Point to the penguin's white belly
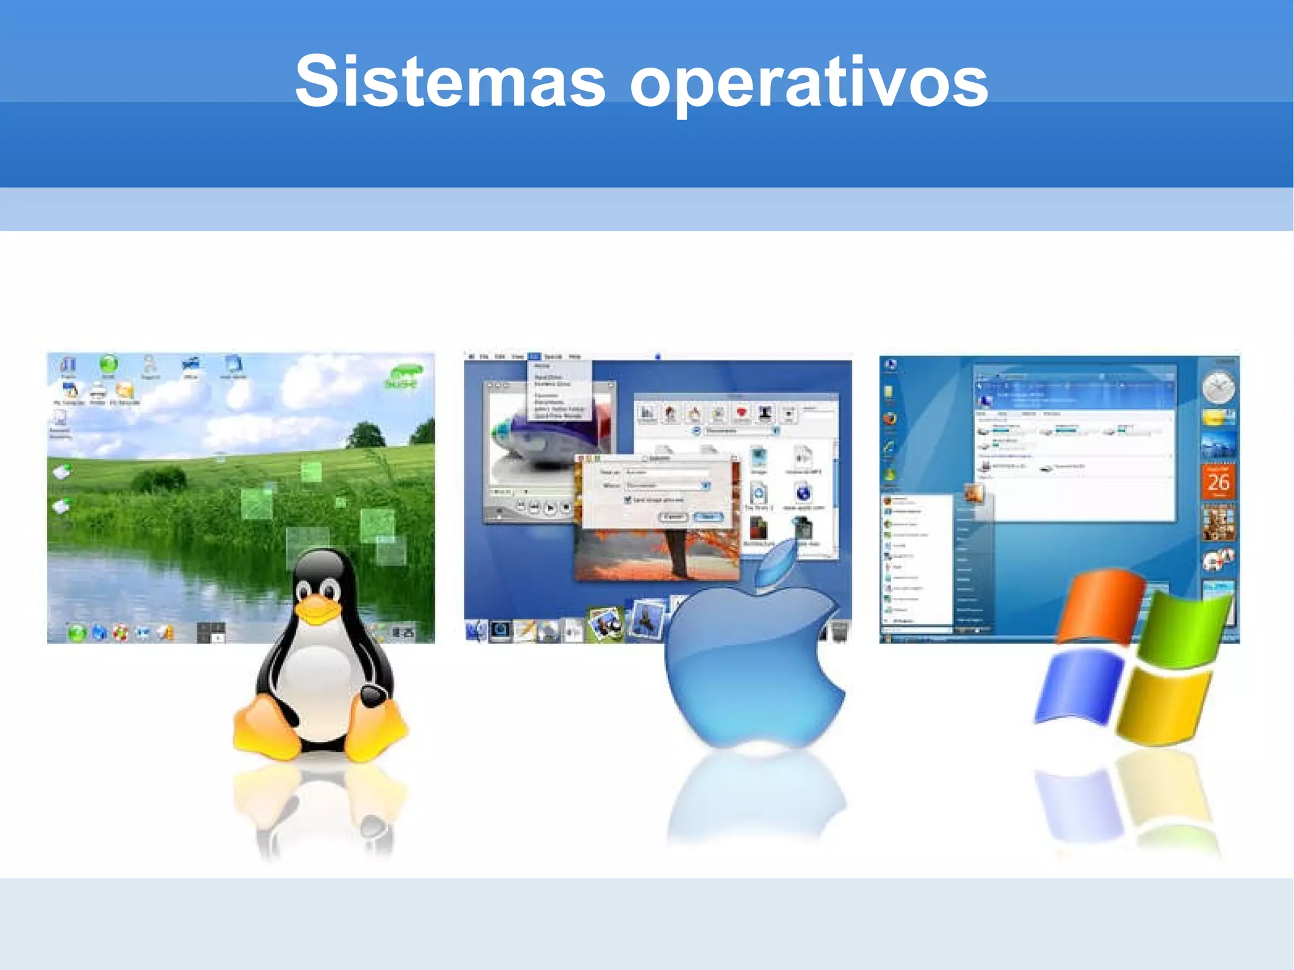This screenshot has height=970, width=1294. pyautogui.click(x=319, y=676)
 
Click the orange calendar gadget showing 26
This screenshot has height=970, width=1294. pyautogui.click(x=1218, y=482)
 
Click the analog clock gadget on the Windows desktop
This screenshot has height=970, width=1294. pyautogui.click(x=1218, y=387)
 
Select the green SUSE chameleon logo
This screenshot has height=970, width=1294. pyautogui.click(x=402, y=377)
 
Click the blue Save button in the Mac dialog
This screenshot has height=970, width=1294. pyautogui.click(x=708, y=517)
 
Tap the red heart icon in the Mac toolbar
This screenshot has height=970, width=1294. pyautogui.click(x=742, y=413)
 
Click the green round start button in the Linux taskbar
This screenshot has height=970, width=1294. pyautogui.click(x=77, y=632)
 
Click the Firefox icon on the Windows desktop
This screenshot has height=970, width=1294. pyautogui.click(x=890, y=418)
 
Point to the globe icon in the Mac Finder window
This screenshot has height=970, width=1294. pyautogui.click(x=803, y=492)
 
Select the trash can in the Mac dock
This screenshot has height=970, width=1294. pyautogui.click(x=839, y=631)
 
